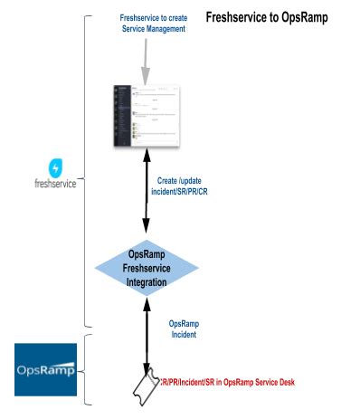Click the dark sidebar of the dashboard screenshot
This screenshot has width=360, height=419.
[x=118, y=117]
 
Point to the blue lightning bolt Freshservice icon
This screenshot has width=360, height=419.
[x=56, y=167]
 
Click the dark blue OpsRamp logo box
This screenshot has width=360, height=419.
[x=45, y=369]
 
